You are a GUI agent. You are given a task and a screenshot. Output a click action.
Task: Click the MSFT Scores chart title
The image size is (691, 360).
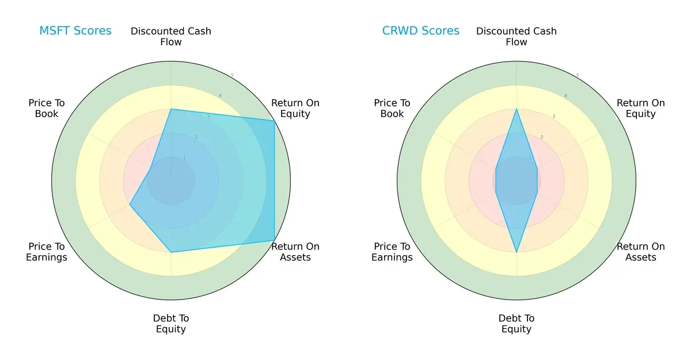[75, 31]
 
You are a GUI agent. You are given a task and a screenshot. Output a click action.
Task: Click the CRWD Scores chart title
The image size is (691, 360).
[421, 31]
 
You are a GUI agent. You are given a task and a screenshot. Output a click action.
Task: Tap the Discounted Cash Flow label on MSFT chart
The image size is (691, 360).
[171, 36]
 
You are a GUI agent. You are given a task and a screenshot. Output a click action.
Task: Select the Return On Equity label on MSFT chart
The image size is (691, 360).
[295, 108]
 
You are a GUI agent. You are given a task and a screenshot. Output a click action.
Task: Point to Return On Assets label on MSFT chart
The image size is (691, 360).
[295, 252]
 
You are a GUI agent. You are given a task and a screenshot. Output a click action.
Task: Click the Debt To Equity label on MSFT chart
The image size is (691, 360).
[171, 324]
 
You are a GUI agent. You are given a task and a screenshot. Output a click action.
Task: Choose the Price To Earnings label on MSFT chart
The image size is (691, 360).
[47, 252]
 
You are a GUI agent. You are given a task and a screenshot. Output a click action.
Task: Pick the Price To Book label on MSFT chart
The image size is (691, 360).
[47, 108]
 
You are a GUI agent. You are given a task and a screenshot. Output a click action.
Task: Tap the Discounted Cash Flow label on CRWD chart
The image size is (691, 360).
[517, 36]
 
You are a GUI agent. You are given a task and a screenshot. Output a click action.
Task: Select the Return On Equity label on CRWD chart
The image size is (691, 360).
[641, 108]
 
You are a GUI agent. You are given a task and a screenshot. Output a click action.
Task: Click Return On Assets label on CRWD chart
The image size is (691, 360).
[641, 252]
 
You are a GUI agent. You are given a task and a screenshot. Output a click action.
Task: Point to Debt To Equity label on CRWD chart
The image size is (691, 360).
[517, 324]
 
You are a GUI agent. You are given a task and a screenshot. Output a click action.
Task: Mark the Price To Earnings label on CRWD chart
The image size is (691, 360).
[392, 252]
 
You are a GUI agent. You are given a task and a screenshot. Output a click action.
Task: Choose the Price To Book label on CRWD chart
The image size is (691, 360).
[392, 108]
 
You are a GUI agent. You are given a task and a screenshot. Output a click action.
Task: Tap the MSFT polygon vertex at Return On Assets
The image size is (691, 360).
[274, 240]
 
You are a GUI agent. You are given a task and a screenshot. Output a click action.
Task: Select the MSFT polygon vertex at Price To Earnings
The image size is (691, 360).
[130, 204]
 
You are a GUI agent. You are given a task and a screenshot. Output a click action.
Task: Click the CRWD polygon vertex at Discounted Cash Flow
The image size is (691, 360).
[517, 109]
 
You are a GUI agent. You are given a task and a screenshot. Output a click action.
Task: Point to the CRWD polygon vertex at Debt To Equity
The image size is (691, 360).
[517, 252]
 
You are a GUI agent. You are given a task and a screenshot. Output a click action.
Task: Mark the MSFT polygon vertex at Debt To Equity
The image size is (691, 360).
[171, 252]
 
